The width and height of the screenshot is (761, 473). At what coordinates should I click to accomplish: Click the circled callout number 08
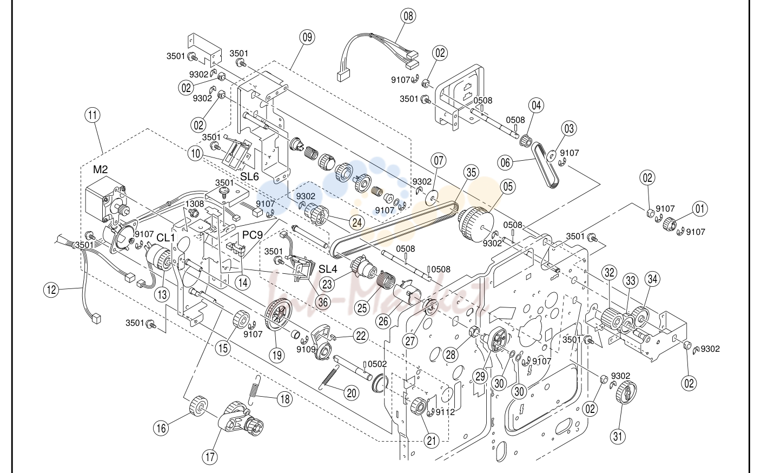[408, 16]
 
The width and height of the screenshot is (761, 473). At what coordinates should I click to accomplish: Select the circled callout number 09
[307, 37]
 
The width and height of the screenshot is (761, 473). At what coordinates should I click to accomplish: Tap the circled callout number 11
[92, 115]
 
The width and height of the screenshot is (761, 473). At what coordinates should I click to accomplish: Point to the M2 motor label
[100, 169]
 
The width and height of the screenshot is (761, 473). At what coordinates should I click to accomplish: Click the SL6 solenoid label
[249, 176]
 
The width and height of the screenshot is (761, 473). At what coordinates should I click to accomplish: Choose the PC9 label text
[253, 235]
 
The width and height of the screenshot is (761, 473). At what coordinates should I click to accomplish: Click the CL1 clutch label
[166, 238]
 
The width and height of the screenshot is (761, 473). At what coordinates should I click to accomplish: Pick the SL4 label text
[328, 269]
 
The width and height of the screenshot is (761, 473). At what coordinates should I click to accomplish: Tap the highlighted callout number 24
[357, 222]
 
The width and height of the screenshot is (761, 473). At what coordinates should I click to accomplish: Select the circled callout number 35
[471, 173]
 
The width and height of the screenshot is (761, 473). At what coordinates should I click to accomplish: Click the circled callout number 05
[507, 187]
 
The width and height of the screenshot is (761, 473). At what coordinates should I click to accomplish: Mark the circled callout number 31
[618, 436]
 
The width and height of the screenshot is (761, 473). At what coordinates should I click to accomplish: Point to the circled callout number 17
[210, 457]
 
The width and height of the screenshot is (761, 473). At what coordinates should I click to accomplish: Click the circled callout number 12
[51, 290]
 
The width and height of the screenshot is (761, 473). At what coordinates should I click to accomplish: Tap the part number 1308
[194, 203]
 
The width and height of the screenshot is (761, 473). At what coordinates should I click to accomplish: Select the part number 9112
[445, 412]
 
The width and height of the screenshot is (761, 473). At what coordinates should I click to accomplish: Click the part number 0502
[377, 364]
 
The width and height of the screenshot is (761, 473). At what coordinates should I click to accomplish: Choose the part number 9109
[306, 349]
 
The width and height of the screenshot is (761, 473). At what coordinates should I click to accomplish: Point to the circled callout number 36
[322, 302]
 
